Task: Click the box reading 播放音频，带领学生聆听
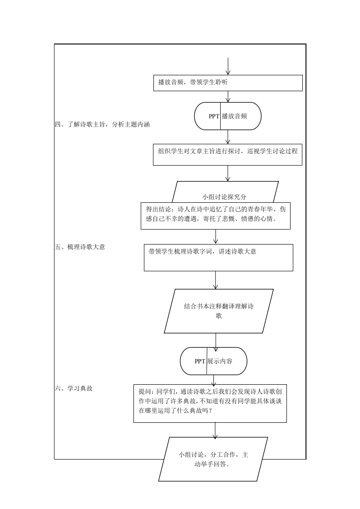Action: tap(228, 83)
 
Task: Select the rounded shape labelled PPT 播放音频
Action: tap(228, 116)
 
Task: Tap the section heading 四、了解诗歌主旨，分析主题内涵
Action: tap(102, 124)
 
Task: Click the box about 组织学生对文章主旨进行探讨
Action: tap(227, 155)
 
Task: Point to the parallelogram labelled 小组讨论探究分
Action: tap(225, 192)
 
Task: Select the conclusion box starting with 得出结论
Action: tap(216, 216)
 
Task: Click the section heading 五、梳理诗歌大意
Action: tap(80, 247)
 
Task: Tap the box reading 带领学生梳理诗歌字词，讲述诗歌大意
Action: tap(218, 257)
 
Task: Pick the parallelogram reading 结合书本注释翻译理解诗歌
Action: tap(219, 311)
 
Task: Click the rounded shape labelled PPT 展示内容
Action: tap(213, 361)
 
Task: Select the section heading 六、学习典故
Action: tap(74, 388)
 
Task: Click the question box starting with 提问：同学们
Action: tap(210, 403)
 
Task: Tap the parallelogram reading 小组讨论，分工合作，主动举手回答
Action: tap(213, 459)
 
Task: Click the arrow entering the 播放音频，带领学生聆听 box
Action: tap(228, 67)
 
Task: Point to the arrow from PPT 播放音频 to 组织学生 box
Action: tap(228, 137)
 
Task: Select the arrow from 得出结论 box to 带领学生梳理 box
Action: tap(216, 237)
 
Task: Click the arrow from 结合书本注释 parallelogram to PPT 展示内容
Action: tap(216, 340)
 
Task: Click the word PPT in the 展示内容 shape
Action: tap(200, 361)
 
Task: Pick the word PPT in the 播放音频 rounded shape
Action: tap(214, 116)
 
